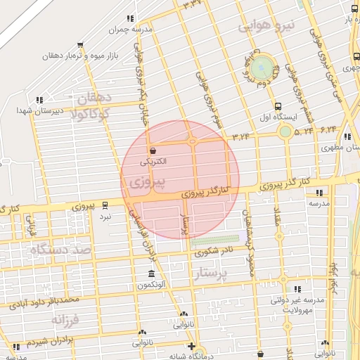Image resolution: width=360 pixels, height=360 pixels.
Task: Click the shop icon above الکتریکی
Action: click(153, 150)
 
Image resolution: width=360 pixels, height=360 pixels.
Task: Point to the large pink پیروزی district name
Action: click(148, 184)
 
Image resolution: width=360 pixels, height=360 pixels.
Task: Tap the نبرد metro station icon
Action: click(105, 205)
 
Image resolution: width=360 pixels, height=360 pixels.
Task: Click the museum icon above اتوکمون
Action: click(151, 274)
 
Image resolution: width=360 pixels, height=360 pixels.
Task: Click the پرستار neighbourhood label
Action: click(231, 274)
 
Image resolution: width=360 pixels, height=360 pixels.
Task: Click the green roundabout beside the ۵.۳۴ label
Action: click(285, 131)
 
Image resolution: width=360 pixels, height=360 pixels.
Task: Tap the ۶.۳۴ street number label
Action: click(328, 130)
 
